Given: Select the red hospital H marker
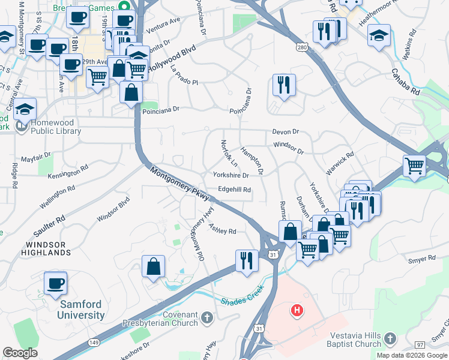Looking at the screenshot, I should pos(297,311).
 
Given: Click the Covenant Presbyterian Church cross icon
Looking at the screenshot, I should pos(206,317).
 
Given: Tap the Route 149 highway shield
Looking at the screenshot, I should pos(94,342).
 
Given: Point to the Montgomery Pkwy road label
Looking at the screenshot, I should pos(179,184).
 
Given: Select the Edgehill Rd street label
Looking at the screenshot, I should pos(234,190).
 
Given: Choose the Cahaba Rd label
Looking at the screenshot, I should pos(406,82).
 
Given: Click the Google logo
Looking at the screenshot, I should pos(20,352).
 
